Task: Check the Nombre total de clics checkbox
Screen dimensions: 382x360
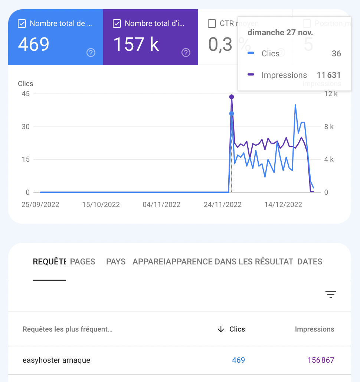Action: click(x=22, y=24)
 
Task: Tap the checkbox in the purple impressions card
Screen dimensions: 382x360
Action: click(x=117, y=24)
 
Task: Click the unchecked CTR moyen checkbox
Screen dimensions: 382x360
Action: click(x=212, y=24)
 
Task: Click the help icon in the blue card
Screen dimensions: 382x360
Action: click(x=91, y=53)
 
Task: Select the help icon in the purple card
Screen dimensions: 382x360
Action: click(x=186, y=53)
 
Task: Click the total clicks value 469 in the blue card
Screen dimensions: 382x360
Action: click(x=34, y=44)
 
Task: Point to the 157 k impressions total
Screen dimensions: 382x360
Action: click(x=136, y=44)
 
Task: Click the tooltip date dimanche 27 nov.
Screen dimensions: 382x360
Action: click(x=280, y=33)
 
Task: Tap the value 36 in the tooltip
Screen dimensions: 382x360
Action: click(x=336, y=54)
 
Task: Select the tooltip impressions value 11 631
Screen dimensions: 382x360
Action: click(x=328, y=75)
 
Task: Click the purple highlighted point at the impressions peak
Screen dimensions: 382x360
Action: click(x=232, y=97)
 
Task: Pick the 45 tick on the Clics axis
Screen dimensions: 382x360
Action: click(x=26, y=94)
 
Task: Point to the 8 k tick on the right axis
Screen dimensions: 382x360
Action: click(x=329, y=127)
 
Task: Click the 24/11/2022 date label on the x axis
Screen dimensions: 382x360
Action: click(x=223, y=205)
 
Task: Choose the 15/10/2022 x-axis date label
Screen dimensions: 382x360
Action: click(x=101, y=205)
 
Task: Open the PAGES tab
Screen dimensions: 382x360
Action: click(x=83, y=262)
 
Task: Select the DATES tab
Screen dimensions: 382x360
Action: click(x=310, y=262)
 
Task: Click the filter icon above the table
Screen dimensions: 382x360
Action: click(x=331, y=294)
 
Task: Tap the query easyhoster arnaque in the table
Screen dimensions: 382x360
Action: click(x=56, y=360)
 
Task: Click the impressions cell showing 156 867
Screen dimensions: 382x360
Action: click(x=321, y=360)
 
